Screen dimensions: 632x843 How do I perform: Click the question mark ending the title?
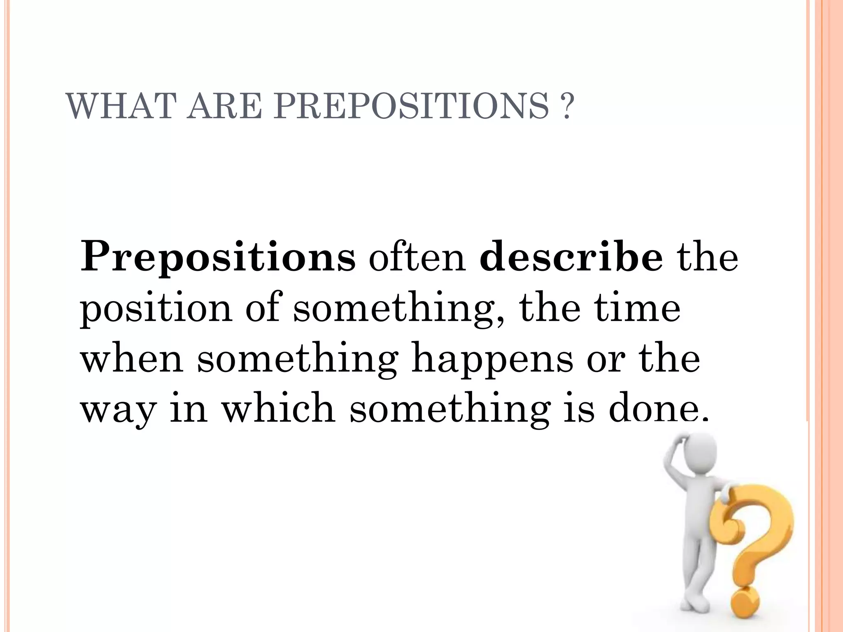566,107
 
